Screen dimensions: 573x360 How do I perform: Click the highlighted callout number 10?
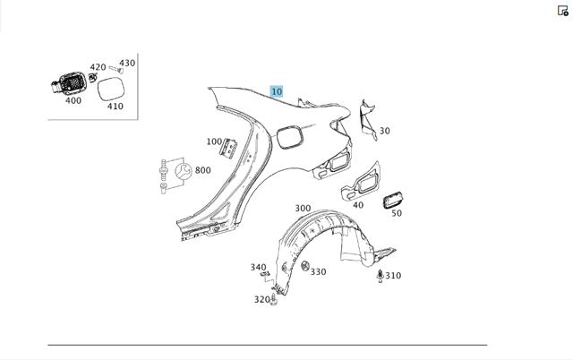pyautogui.click(x=277, y=91)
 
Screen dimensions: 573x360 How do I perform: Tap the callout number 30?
pyautogui.click(x=384, y=131)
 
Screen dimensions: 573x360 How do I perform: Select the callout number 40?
pyautogui.click(x=358, y=205)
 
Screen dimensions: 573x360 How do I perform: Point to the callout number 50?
pyautogui.click(x=397, y=213)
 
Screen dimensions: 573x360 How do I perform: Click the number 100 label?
pyautogui.click(x=214, y=141)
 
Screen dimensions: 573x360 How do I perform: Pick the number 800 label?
pyautogui.click(x=203, y=170)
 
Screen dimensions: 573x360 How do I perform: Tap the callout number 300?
pyautogui.click(x=303, y=208)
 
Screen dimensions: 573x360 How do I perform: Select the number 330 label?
pyautogui.click(x=319, y=271)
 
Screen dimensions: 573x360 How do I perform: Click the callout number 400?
pyautogui.click(x=73, y=100)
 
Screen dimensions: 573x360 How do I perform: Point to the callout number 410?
pyautogui.click(x=115, y=106)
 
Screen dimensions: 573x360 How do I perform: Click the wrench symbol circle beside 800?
pyautogui.click(x=184, y=171)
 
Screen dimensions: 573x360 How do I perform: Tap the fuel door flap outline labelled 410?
pyautogui.click(x=111, y=90)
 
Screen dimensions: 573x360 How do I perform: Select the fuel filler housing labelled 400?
pyautogui.click(x=69, y=83)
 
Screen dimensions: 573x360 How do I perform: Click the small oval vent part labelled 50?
pyautogui.click(x=393, y=200)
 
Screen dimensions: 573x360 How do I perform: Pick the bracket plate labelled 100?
pyautogui.click(x=228, y=148)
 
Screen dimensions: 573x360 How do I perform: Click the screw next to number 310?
pyautogui.click(x=380, y=277)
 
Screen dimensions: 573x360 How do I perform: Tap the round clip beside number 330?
pyautogui.click(x=305, y=266)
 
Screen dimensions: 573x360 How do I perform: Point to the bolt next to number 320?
pyautogui.click(x=274, y=299)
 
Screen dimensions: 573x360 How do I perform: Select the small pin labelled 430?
pyautogui.click(x=116, y=69)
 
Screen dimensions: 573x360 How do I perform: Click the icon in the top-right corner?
pyautogui.click(x=563, y=11)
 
